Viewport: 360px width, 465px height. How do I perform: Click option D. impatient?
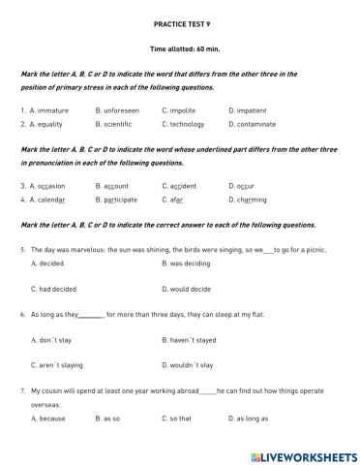(253, 110)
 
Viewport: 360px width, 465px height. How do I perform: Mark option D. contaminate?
(256, 124)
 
